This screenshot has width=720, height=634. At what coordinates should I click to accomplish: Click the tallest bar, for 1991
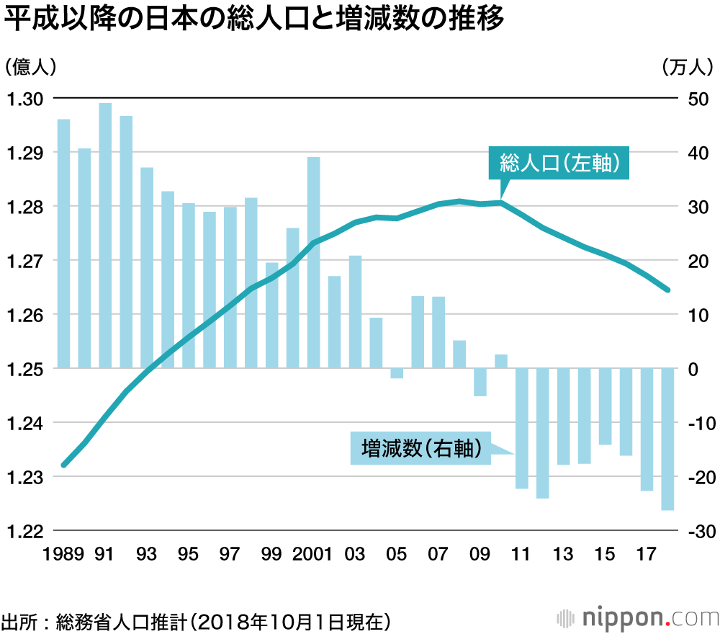pos(105,236)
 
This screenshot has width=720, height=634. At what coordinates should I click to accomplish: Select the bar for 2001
pos(313,263)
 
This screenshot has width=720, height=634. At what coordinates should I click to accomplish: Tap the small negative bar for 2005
pos(397,373)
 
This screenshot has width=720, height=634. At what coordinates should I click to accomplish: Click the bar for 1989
pos(63,244)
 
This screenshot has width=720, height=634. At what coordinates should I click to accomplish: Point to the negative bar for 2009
pos(480,382)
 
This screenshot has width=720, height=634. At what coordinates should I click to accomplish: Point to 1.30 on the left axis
pos(24,99)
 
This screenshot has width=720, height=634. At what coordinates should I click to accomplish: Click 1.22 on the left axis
pos(24,531)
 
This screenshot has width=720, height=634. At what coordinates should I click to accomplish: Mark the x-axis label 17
pos(647,554)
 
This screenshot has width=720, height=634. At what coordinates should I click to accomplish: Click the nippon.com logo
pos(638,617)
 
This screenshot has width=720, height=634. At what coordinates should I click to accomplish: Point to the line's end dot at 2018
pos(667,290)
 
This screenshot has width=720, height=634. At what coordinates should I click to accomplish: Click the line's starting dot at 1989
pos(63,465)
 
